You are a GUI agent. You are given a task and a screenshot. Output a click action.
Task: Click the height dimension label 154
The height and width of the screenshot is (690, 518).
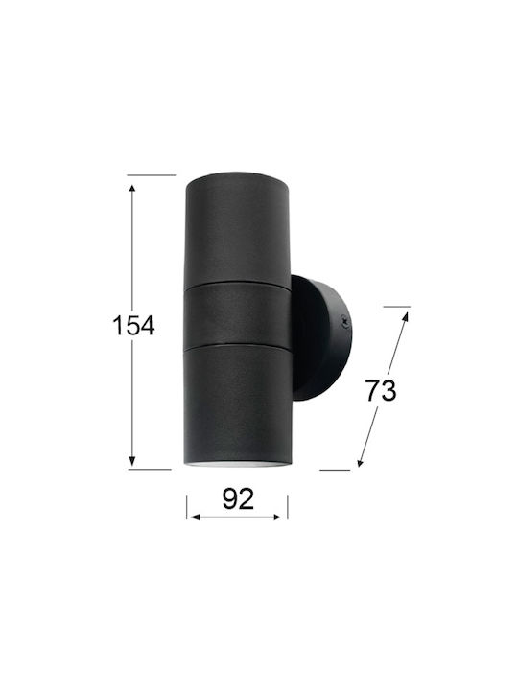pos(133,326)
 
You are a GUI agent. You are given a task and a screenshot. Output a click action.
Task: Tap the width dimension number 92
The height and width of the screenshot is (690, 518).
pos(238,499)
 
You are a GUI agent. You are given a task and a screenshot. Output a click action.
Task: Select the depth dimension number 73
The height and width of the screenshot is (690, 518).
pos(381,391)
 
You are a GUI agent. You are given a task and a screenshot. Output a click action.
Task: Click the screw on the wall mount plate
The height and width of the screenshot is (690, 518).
pos(345,324)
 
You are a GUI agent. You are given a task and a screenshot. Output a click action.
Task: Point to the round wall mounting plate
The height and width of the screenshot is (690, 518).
pos(320,338)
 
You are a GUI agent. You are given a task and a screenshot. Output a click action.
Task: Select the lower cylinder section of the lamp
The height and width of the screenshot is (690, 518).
pos(238,402)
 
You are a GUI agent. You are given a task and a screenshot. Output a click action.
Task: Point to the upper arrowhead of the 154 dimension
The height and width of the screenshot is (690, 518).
pos(132,190)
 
